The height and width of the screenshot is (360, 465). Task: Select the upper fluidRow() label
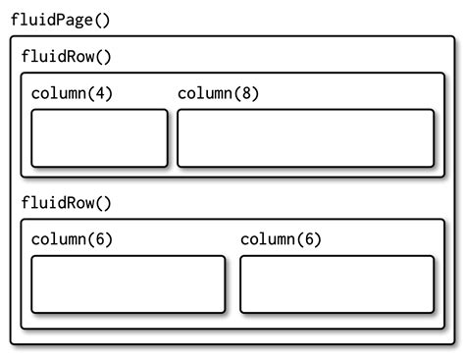67,56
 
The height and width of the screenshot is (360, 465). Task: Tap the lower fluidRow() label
67,203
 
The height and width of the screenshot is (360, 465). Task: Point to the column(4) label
72,93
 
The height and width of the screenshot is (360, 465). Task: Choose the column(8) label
218,93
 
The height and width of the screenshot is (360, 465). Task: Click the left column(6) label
72,239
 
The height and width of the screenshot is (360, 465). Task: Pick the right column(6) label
281,239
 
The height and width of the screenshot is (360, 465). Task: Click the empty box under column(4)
99,137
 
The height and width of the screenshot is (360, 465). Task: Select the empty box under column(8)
305,137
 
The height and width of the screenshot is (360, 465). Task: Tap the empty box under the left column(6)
128,284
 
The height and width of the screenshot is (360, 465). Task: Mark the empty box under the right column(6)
336,284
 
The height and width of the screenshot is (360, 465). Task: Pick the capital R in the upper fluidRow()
74,56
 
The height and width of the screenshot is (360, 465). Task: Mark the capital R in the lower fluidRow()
74,203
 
